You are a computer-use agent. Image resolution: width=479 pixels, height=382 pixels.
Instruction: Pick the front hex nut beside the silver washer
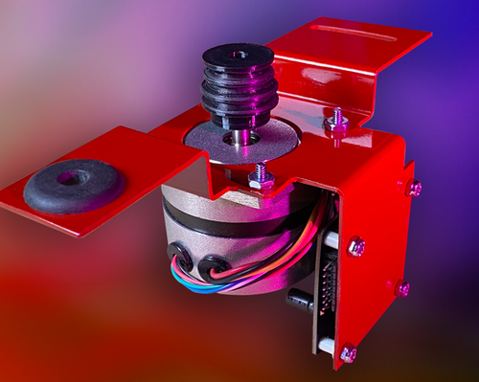click(260, 178)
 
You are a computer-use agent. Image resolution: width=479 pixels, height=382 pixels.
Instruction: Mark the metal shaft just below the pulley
click(240, 137)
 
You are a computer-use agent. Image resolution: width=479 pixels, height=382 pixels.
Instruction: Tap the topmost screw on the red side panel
click(414, 188)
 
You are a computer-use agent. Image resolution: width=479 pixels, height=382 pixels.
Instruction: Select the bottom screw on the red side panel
click(348, 353)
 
